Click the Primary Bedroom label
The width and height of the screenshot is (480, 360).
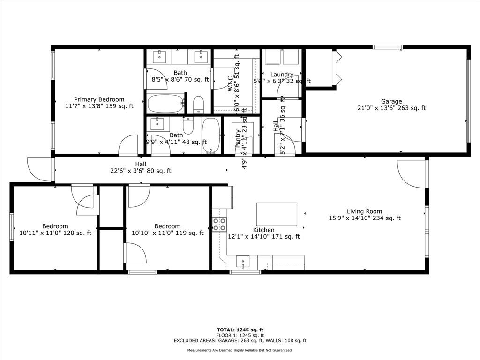[x=99, y=99]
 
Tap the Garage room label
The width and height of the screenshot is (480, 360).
[x=391, y=101]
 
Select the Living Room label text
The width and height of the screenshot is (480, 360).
[x=364, y=211]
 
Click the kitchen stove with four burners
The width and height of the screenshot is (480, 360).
[x=219, y=224]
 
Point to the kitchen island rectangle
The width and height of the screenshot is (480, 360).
[x=277, y=214]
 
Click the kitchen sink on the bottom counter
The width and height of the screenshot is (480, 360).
[x=243, y=261]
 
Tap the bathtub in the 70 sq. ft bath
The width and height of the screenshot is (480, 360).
[x=165, y=103]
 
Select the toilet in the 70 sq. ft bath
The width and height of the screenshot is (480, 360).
[x=198, y=104]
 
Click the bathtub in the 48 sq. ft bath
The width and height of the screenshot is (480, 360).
[x=211, y=135]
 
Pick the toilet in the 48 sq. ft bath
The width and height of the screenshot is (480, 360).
[x=188, y=126]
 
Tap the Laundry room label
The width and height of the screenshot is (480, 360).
[x=282, y=75]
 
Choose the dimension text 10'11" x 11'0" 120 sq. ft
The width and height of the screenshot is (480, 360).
[x=55, y=232]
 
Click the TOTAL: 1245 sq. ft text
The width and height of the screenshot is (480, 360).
[x=240, y=330]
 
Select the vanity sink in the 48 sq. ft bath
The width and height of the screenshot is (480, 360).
[x=157, y=124]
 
